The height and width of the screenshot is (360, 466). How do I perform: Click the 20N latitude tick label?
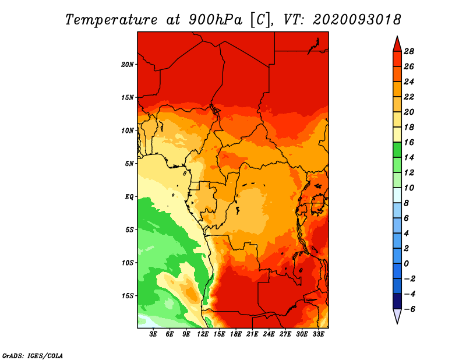(128, 65)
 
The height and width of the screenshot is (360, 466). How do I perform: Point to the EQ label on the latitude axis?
(129, 197)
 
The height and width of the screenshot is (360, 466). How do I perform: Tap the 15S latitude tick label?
(128, 296)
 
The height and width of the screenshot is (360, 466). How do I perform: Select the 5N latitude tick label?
(129, 164)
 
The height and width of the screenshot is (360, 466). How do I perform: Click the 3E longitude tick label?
(153, 334)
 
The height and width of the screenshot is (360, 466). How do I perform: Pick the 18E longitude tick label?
(236, 334)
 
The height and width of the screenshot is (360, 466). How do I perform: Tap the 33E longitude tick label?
(318, 334)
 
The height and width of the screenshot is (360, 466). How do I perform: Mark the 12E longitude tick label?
(203, 334)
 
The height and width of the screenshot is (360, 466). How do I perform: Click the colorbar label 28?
(409, 51)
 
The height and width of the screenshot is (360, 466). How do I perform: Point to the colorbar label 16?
(409, 142)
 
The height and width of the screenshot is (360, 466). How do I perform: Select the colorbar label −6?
(409, 309)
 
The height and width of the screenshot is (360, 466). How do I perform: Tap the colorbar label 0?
(406, 264)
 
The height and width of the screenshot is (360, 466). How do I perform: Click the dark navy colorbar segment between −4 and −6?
(397, 301)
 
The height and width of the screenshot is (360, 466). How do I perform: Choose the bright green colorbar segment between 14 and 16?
(397, 150)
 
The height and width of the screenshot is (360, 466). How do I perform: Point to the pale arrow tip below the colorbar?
(397, 323)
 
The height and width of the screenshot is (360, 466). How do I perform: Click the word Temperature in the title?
(111, 20)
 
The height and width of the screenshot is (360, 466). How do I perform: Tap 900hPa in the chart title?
(216, 20)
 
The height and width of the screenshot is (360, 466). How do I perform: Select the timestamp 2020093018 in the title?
(357, 20)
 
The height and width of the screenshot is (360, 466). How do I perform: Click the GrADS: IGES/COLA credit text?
(33, 356)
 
